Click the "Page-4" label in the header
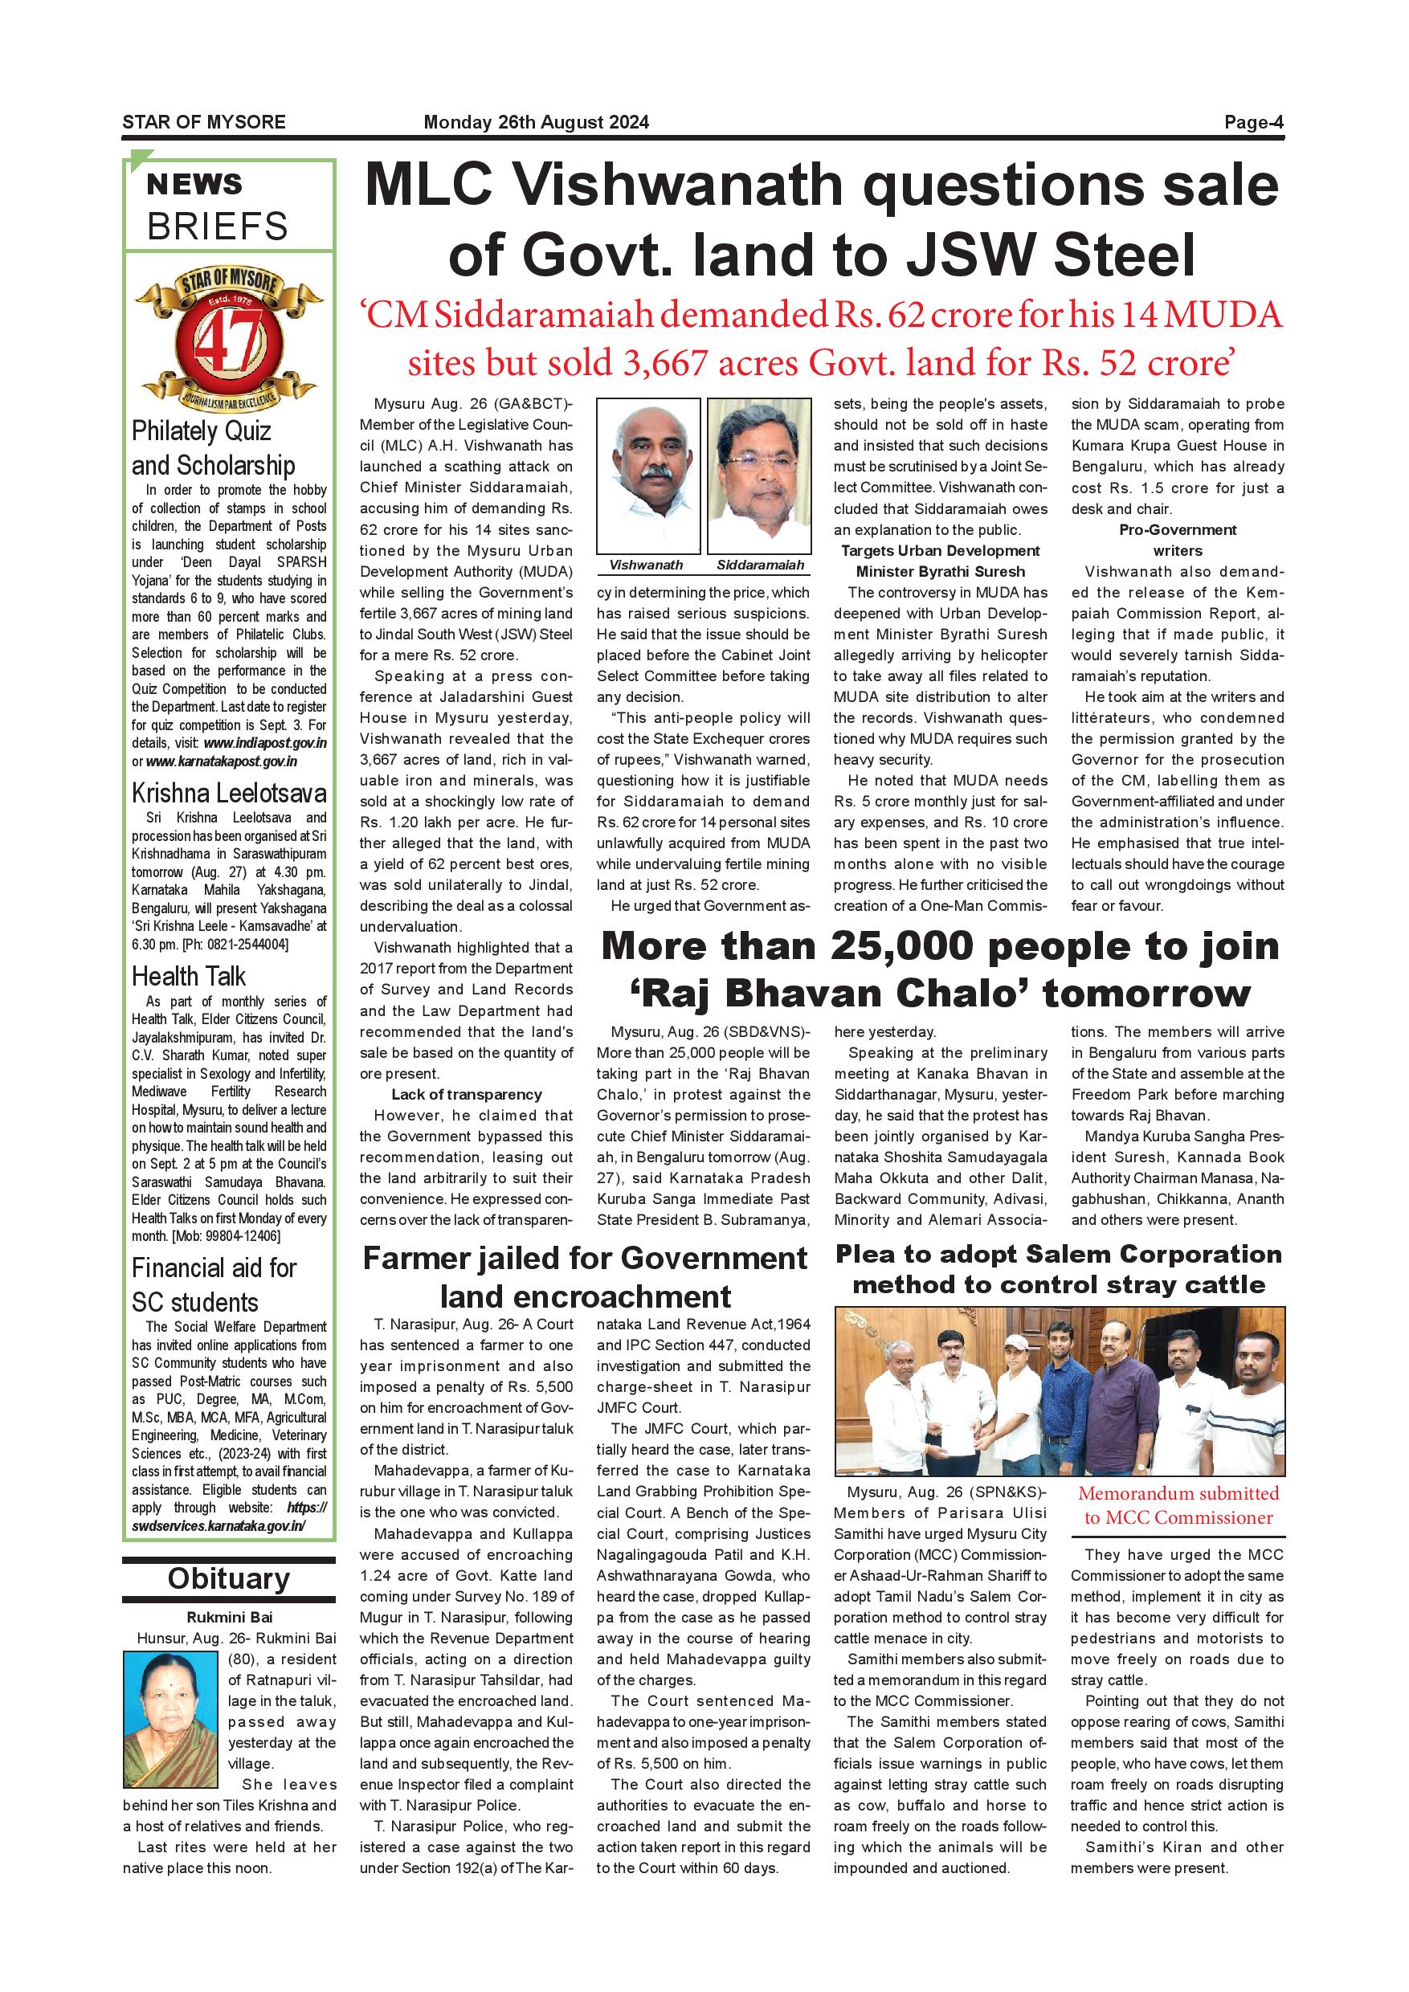pos(1253,122)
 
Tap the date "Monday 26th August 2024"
pos(535,122)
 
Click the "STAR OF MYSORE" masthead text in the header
pos(204,122)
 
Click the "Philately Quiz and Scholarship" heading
pos(214,447)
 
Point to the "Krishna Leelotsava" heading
pos(229,793)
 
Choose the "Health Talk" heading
pos(188,976)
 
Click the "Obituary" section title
pos(228,1578)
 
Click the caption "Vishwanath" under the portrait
pos(646,565)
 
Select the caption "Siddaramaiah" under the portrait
pos(760,565)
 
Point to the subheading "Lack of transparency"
pos(466,1094)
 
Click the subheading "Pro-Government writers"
pos(1178,540)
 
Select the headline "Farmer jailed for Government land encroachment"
pos(585,1276)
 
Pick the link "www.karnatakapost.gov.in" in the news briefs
pos(221,761)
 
